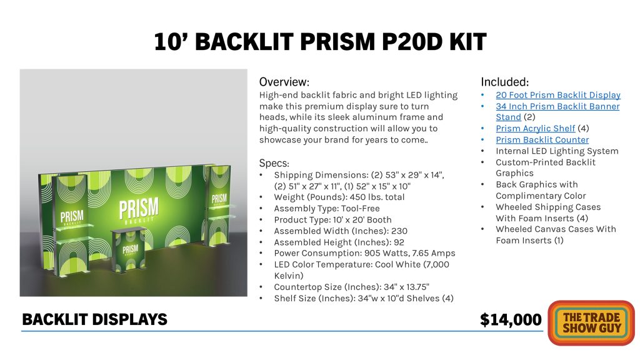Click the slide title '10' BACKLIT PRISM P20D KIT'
click(320, 42)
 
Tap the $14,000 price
click(511, 319)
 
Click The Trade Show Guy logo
click(591, 323)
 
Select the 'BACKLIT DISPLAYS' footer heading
click(95, 319)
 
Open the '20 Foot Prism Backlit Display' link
click(558, 95)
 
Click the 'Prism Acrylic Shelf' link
click(535, 129)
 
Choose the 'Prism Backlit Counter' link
click(542, 140)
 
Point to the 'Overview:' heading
click(284, 82)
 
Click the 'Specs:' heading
click(274, 163)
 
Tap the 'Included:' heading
click(504, 82)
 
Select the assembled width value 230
click(399, 231)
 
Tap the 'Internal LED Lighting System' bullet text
click(557, 151)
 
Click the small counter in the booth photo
click(129, 249)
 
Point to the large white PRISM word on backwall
click(139, 209)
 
